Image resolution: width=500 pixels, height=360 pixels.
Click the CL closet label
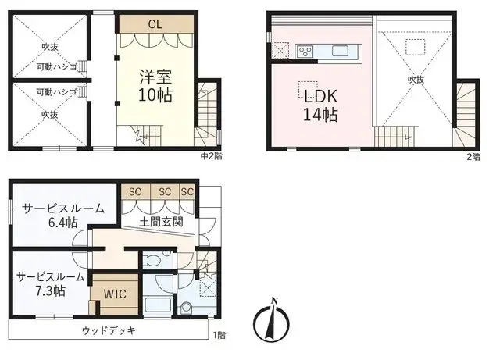155,24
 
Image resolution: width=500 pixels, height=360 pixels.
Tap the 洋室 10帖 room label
155,85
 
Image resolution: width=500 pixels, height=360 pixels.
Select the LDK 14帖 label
320,105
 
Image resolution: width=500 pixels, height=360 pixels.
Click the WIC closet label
115,294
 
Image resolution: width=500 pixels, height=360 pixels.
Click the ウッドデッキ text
109,330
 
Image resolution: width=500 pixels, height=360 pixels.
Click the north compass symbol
271,320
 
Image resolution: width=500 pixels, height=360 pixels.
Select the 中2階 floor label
212,156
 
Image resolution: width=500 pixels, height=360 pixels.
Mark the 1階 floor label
220,335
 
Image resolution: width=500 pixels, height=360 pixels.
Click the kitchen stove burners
305,52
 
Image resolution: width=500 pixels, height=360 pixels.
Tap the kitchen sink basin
340,51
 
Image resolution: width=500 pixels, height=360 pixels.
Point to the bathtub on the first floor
158,306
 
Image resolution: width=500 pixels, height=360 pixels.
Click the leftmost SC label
135,192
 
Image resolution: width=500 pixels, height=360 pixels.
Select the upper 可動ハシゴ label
56,67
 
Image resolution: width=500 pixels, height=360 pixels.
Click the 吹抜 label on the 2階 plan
416,80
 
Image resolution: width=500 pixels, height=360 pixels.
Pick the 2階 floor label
473,157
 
